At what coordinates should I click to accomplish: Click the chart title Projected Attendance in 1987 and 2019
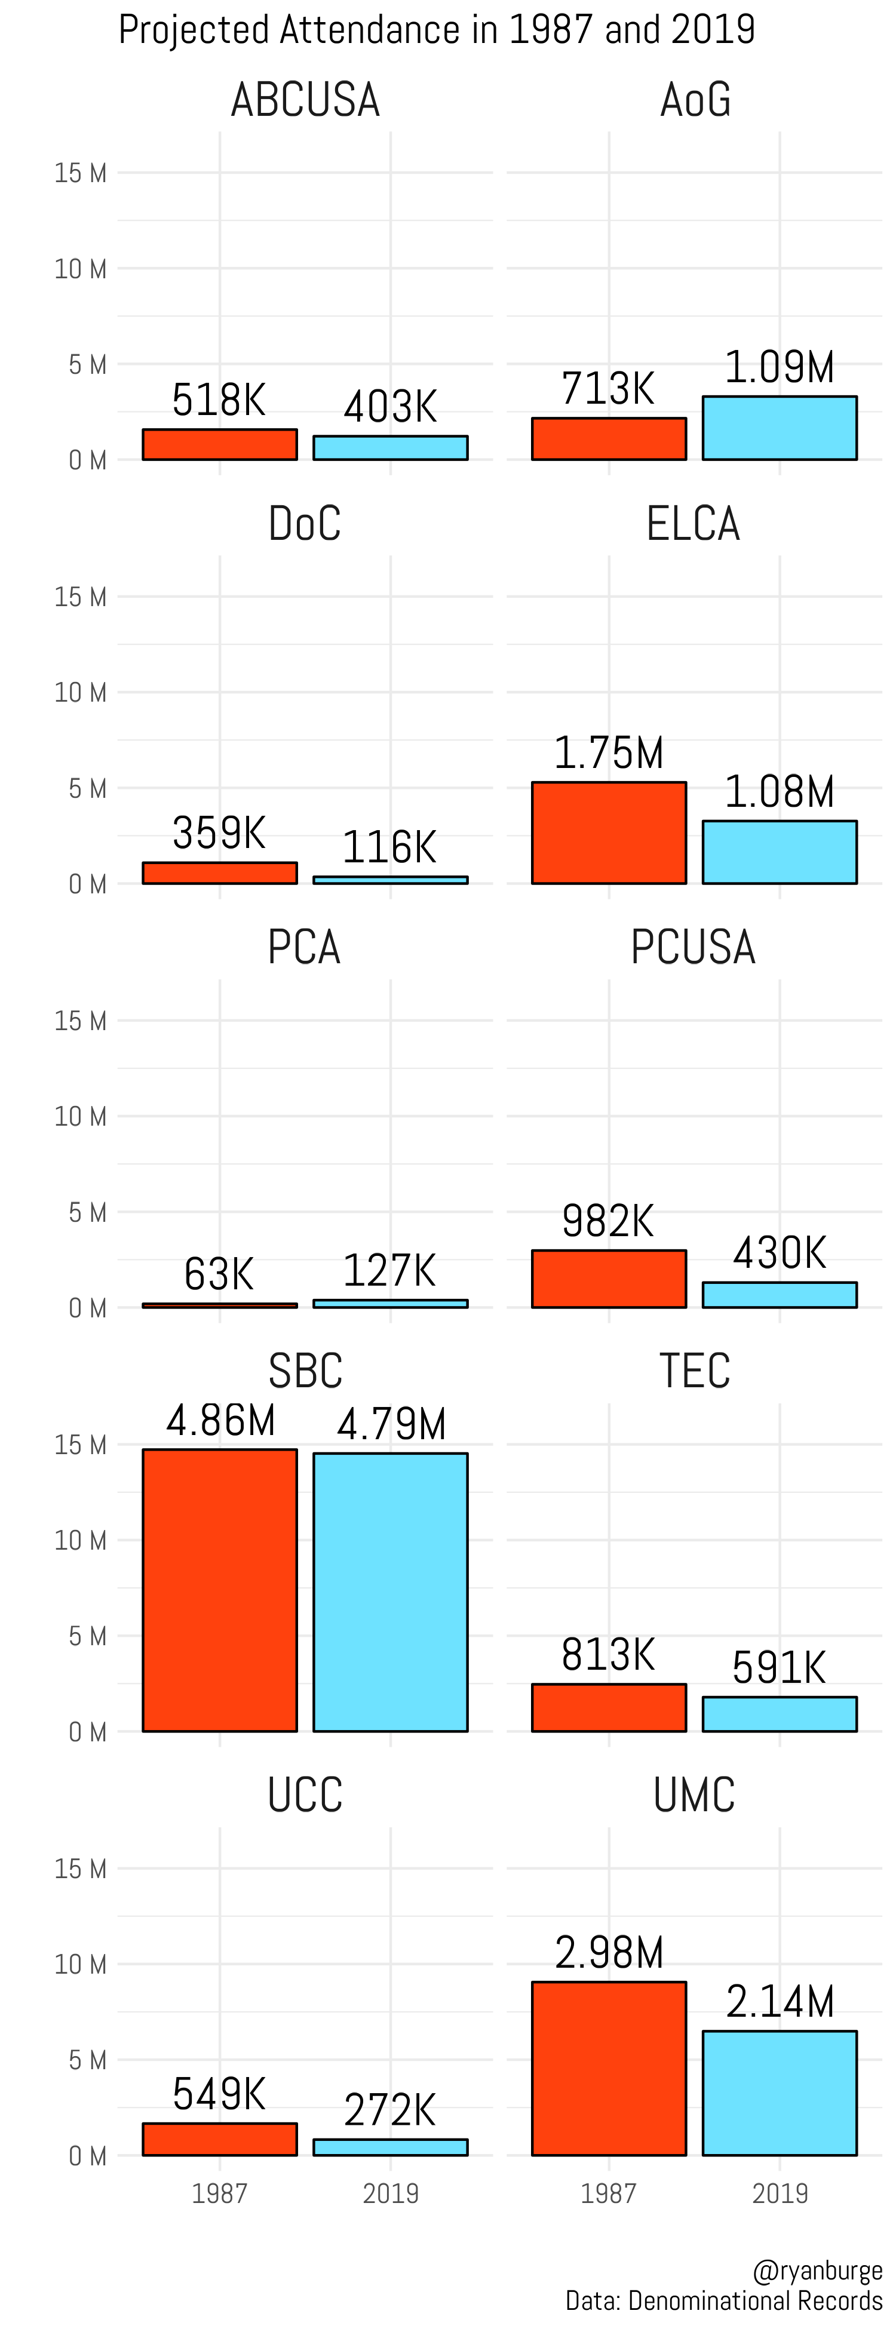[437, 30]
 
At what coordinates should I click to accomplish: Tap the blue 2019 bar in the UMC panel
[780, 2093]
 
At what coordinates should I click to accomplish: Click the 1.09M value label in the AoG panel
[780, 368]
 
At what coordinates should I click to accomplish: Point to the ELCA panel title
[694, 524]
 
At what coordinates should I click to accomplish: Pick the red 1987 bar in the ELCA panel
[609, 832]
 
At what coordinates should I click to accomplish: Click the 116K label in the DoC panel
[389, 848]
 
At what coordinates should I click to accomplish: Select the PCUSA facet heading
[694, 948]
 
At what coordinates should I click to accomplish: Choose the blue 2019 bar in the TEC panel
[780, 1714]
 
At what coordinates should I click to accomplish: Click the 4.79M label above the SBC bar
[391, 1425]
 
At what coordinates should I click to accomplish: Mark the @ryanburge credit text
[817, 2270]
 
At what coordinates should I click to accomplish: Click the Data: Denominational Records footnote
[723, 2301]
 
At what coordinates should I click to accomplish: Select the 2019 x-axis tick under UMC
[780, 2193]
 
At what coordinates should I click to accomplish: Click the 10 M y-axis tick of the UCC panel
[81, 1965]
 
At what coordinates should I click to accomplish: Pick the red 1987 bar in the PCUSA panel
[609, 1279]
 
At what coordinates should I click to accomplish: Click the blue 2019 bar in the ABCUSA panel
[391, 447]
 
